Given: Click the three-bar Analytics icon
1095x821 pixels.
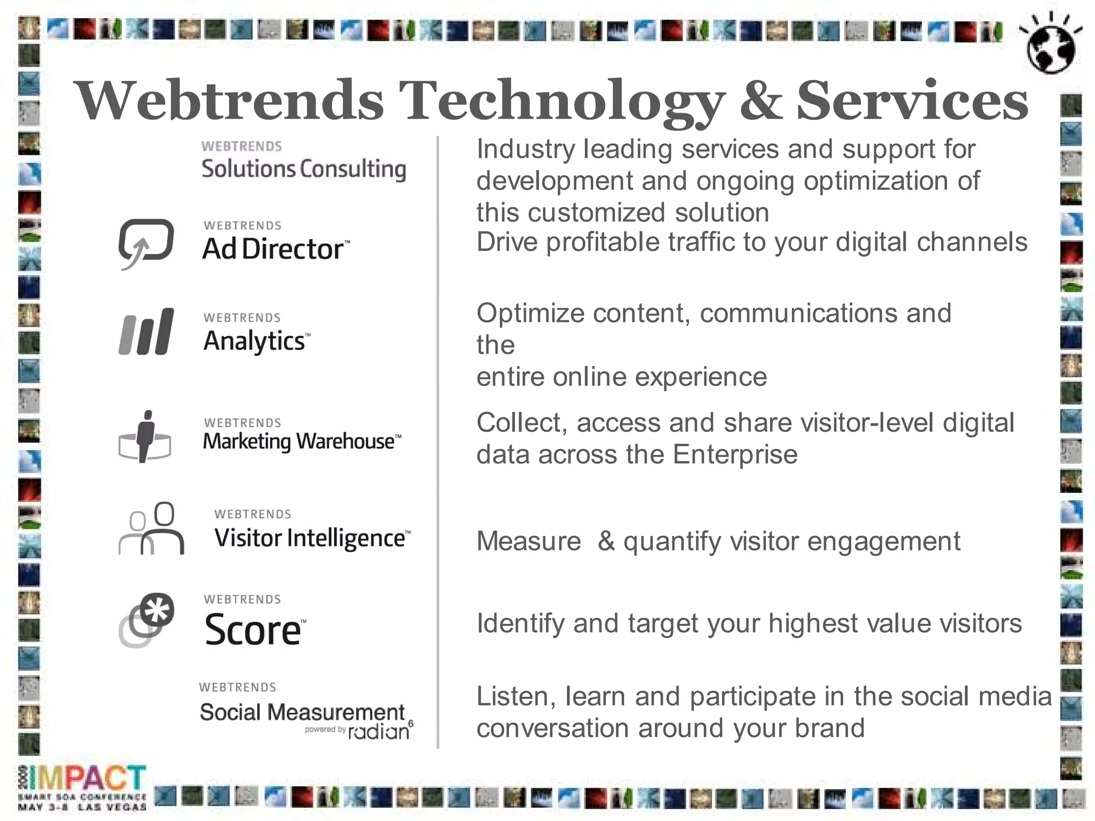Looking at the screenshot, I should point(146,331).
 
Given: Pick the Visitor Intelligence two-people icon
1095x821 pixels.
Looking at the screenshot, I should point(151,529).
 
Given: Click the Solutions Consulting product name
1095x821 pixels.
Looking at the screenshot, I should point(303,169).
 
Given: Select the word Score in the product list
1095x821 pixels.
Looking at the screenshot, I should point(253,630).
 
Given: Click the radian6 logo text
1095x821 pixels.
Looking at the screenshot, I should point(380,731).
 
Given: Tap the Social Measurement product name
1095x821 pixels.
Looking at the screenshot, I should point(302,712).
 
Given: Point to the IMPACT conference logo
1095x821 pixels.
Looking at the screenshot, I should point(88,778).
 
